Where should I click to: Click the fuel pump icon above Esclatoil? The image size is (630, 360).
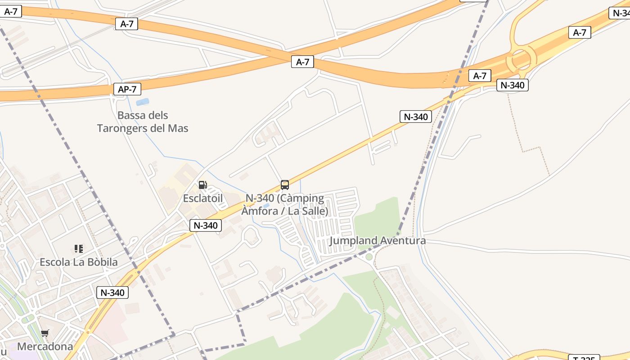202,185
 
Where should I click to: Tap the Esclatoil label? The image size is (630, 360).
202,198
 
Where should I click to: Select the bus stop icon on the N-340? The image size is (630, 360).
284,184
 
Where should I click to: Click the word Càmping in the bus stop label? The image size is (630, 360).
301,198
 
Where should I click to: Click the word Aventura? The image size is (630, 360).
403,241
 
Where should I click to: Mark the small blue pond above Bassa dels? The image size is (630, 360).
142,102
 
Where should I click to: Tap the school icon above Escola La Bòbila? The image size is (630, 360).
79,249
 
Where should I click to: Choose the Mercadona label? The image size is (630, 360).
45,346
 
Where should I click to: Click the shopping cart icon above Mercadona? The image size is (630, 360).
45,333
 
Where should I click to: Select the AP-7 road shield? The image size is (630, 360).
127,89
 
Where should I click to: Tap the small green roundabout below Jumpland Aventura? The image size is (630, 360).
369,257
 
